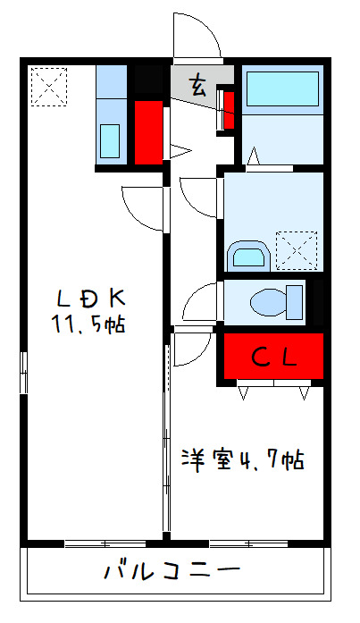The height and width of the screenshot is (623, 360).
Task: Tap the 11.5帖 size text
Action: (x=88, y=324)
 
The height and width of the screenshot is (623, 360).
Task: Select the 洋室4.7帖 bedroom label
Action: (x=242, y=460)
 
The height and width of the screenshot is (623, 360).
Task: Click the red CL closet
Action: (x=272, y=357)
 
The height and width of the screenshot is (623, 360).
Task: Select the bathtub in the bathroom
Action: (x=281, y=90)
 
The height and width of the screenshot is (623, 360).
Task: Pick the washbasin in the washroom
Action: (x=247, y=257)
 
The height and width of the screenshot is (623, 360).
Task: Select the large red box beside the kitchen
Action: (x=148, y=131)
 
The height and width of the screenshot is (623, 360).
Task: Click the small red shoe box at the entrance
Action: (x=228, y=107)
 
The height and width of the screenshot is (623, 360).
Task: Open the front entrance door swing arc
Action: (x=196, y=36)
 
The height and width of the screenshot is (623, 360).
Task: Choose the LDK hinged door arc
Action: (x=143, y=205)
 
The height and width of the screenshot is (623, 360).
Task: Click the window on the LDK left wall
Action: (x=24, y=373)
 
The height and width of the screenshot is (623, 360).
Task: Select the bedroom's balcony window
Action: (x=247, y=542)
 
